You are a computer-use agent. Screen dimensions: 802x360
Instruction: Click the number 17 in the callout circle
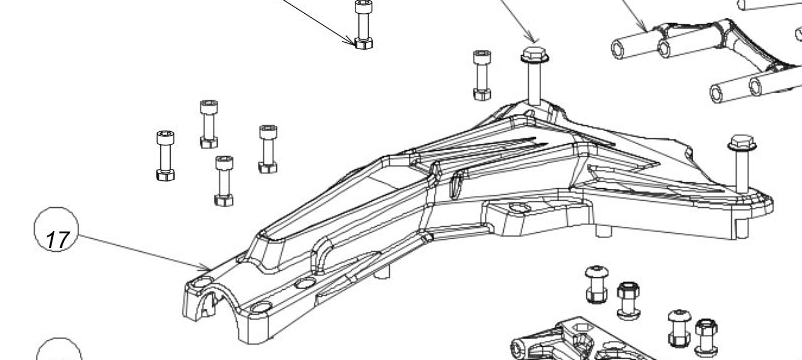pyautogui.click(x=57, y=239)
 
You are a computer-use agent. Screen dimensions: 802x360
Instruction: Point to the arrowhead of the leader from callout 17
pyautogui.click(x=207, y=267)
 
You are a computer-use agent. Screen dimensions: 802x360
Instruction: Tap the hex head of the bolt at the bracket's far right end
pyautogui.click(x=742, y=143)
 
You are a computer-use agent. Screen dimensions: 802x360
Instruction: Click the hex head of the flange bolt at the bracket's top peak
pyautogui.click(x=535, y=54)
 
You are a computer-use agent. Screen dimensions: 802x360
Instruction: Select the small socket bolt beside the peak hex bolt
pyautogui.click(x=482, y=75)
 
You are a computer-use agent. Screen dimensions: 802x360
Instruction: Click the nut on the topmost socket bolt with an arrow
pyautogui.click(x=364, y=43)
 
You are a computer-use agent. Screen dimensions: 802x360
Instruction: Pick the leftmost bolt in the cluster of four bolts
pyautogui.click(x=165, y=155)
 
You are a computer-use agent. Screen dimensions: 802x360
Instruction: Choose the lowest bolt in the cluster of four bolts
pyautogui.click(x=224, y=181)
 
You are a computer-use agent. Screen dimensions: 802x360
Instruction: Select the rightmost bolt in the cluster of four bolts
pyautogui.click(x=268, y=149)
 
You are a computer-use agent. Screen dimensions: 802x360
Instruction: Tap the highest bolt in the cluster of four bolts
pyautogui.click(x=209, y=124)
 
